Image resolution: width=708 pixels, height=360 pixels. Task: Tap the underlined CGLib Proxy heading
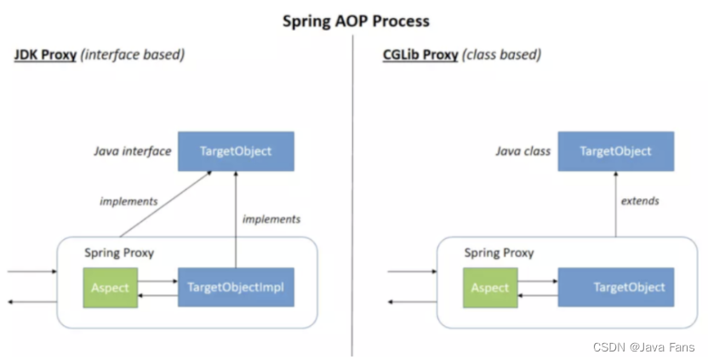[x=420, y=56]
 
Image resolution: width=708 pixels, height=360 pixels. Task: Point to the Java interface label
[x=132, y=151]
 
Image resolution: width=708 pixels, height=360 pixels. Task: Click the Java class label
[x=522, y=151]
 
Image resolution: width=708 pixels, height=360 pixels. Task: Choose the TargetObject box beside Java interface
[x=236, y=151]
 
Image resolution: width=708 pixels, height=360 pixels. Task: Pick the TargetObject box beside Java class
[x=615, y=151]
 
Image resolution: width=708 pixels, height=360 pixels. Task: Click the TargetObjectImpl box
[x=236, y=288]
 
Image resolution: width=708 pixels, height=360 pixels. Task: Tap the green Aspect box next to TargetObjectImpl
[x=110, y=288]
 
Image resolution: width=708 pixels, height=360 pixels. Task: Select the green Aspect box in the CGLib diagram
[x=489, y=288]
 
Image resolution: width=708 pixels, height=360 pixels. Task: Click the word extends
[x=639, y=202]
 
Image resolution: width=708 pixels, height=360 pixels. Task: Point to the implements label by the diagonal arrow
[x=128, y=202]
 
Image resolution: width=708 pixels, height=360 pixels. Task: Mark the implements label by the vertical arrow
[x=271, y=220]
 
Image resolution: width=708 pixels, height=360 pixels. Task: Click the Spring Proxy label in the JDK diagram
[x=119, y=253]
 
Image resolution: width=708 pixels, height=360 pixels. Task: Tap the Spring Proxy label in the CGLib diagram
[x=499, y=253]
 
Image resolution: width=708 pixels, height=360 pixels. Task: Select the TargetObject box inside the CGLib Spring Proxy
[x=615, y=288]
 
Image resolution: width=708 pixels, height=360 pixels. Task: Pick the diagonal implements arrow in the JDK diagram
[x=166, y=204]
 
